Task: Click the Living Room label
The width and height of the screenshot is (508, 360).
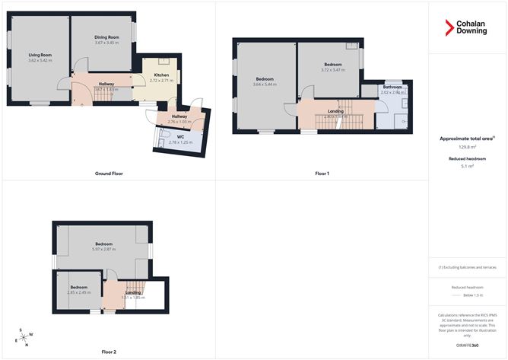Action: (x=40, y=55)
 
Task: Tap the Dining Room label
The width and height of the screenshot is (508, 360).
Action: (x=107, y=37)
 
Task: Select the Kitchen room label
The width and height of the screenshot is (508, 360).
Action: (x=161, y=75)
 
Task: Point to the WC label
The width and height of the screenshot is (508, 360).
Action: (x=180, y=138)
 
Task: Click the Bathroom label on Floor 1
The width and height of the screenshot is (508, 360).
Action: (x=393, y=87)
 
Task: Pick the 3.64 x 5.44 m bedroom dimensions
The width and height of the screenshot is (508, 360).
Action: (x=265, y=84)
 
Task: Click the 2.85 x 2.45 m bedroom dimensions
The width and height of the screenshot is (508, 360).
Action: (x=78, y=292)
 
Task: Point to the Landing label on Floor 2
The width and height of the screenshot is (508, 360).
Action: (x=132, y=292)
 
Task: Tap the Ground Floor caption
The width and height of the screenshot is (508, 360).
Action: (x=109, y=174)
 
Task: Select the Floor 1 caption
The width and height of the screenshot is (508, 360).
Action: (x=322, y=174)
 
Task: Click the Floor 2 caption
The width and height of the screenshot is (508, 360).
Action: (x=109, y=352)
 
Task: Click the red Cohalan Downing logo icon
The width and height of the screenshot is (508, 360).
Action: (x=449, y=27)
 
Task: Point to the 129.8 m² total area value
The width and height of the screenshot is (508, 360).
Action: (x=468, y=148)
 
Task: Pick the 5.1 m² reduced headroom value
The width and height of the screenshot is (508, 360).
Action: (x=468, y=166)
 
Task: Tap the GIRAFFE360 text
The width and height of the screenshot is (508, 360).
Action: (x=468, y=345)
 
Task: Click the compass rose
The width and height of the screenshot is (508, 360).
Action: (x=25, y=337)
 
